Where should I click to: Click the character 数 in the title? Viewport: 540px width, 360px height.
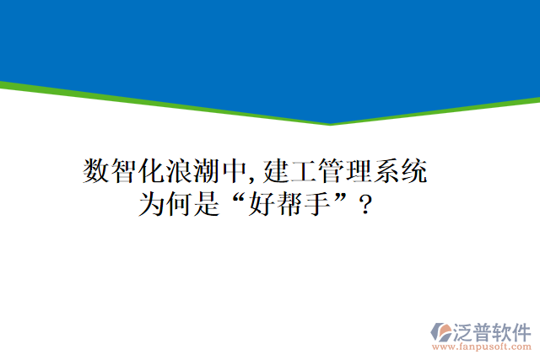click(97, 172)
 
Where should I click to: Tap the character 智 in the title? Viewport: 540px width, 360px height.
click(125, 172)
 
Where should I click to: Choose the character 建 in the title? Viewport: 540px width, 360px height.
click(276, 172)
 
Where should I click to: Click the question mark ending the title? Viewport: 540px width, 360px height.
click(364, 205)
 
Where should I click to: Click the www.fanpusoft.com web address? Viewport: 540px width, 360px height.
click(482, 346)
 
